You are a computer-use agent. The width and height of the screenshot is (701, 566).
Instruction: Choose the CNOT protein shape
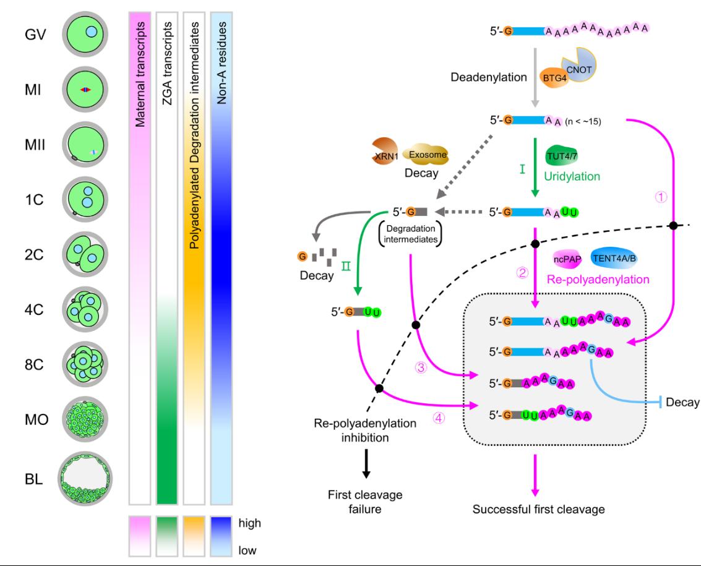(x=583, y=62)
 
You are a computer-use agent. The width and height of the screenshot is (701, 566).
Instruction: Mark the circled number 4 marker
(x=438, y=418)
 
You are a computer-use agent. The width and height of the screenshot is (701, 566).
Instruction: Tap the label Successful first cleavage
(x=538, y=510)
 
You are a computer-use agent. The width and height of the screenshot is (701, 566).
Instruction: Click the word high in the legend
(x=249, y=523)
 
